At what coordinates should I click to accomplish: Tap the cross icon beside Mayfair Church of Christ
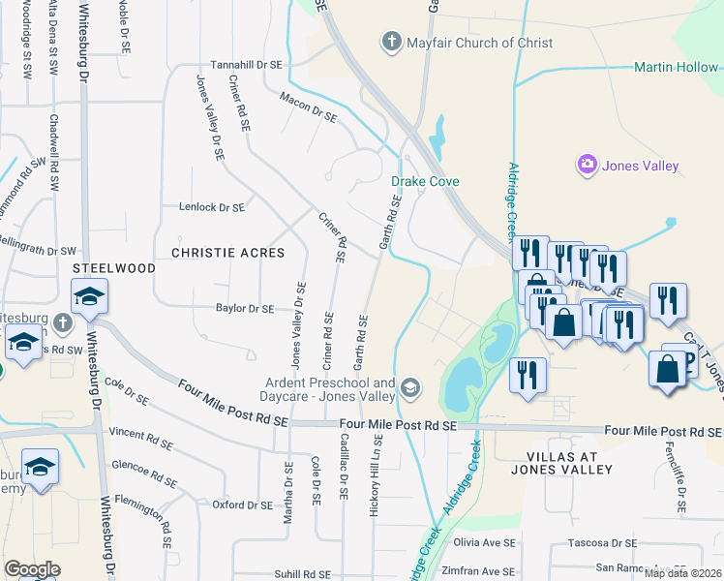click(391, 42)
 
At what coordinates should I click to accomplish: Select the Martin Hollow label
click(678, 67)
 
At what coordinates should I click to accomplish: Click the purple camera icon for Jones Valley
click(587, 166)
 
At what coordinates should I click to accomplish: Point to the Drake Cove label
click(425, 181)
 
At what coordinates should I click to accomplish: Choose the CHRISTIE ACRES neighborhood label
click(227, 253)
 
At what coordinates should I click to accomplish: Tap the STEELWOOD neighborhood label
click(113, 267)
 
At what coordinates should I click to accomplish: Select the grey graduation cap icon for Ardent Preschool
click(411, 388)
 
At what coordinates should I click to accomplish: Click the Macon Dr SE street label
click(308, 107)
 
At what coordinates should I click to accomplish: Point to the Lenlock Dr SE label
click(212, 207)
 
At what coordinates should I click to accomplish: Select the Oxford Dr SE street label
click(243, 505)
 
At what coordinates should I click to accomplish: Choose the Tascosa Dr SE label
click(603, 543)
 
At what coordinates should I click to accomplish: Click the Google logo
click(32, 569)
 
